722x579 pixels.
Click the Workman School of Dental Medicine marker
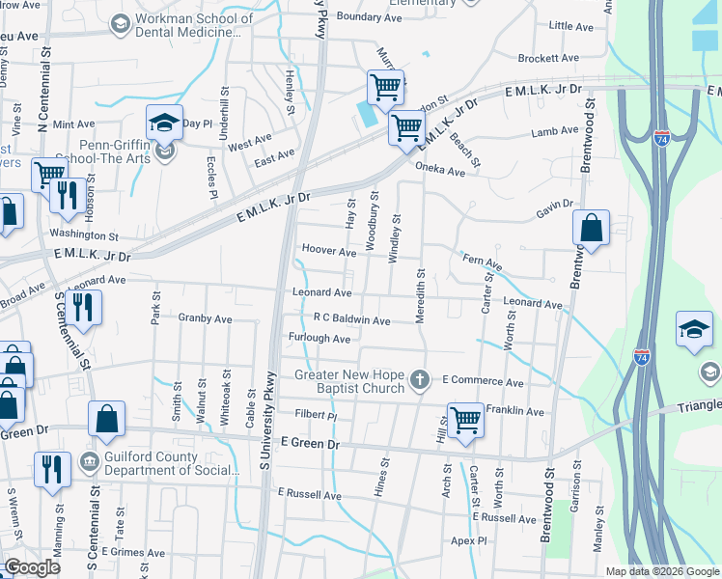click(121, 22)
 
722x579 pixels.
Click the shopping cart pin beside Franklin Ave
click(465, 420)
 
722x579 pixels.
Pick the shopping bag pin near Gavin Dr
click(591, 229)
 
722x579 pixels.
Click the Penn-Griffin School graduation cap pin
click(164, 124)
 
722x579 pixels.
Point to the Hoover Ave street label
click(329, 252)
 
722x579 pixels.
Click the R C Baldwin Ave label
click(351, 319)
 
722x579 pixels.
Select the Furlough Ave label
click(319, 339)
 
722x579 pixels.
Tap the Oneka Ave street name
click(440, 172)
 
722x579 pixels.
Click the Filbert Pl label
click(316, 415)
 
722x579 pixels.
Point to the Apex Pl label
click(469, 541)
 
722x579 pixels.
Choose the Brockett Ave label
click(548, 58)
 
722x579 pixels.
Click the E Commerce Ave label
click(483, 382)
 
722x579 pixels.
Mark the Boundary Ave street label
click(370, 17)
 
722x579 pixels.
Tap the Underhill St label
click(224, 122)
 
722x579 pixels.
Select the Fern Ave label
click(483, 262)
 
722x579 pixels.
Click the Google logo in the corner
click(33, 567)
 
